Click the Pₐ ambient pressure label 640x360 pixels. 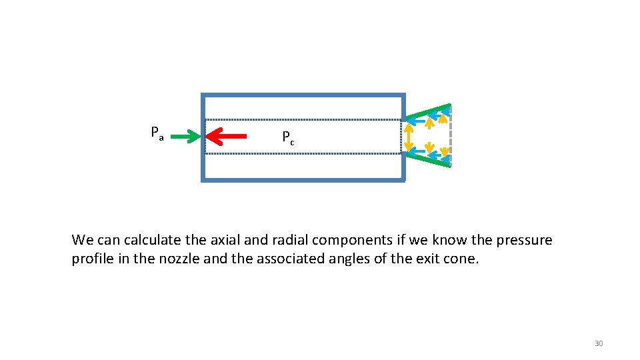pyautogui.click(x=157, y=133)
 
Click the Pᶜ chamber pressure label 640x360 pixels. pyautogui.click(x=288, y=138)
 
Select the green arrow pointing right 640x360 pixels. pyautogui.click(x=185, y=137)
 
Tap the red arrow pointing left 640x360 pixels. pyautogui.click(x=227, y=137)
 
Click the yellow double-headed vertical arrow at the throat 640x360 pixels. pyautogui.click(x=408, y=137)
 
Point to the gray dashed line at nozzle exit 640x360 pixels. pyautogui.click(x=451, y=137)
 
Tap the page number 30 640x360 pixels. pyautogui.click(x=598, y=343)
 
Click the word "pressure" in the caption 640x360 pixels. pyautogui.click(x=524, y=240)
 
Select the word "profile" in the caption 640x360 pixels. pyautogui.click(x=93, y=259)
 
